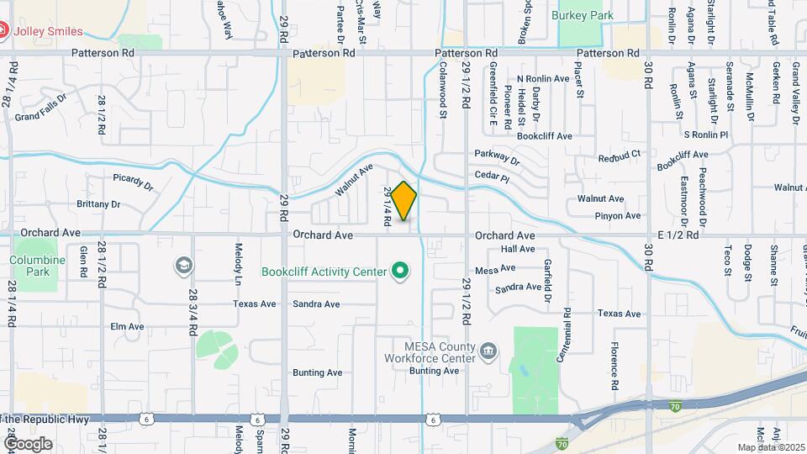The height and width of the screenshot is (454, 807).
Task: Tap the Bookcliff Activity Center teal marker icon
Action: click(x=401, y=272)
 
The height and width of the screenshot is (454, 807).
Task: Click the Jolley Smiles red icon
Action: click(x=3, y=32)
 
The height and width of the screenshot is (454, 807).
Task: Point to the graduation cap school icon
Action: click(x=182, y=267)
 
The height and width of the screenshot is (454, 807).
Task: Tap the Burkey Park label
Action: click(x=582, y=15)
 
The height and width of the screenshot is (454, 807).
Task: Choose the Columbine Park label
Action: click(x=38, y=266)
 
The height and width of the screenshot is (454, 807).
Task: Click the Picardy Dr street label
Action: click(x=133, y=182)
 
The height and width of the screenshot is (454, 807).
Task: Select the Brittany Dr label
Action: click(x=98, y=204)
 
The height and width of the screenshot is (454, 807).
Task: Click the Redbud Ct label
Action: click(x=620, y=156)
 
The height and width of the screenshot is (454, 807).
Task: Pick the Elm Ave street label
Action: click(x=128, y=326)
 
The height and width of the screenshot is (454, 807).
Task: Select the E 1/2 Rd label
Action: click(x=678, y=235)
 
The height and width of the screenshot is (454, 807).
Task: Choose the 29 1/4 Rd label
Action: click(x=388, y=206)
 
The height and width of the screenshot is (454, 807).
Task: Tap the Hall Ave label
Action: click(x=518, y=249)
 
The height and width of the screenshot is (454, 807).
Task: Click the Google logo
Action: click(x=28, y=444)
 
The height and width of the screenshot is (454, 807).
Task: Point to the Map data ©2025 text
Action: click(x=769, y=447)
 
